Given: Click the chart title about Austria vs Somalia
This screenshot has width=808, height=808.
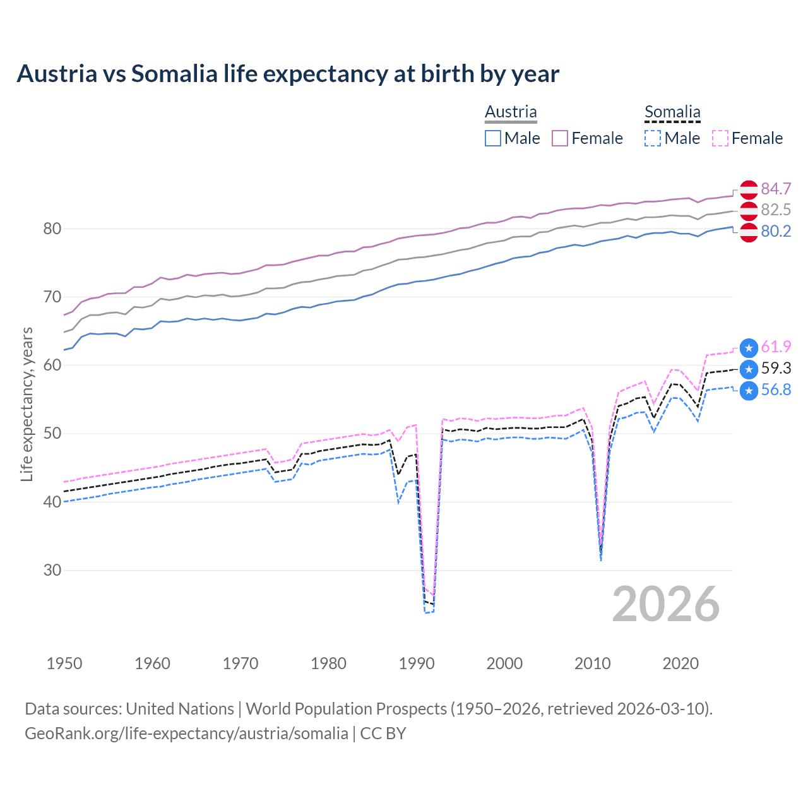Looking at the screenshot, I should pyautogui.click(x=288, y=74).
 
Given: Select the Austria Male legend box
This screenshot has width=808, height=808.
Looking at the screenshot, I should pyautogui.click(x=493, y=138).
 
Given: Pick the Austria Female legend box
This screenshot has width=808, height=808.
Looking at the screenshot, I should pyautogui.click(x=560, y=138).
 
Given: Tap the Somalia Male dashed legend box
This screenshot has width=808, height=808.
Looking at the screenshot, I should pyautogui.click(x=653, y=138).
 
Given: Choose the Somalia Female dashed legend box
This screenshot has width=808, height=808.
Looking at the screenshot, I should pyautogui.click(x=720, y=138).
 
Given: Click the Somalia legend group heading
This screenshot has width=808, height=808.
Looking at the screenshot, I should pyautogui.click(x=672, y=112).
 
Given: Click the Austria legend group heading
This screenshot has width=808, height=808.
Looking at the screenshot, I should pyautogui.click(x=511, y=112).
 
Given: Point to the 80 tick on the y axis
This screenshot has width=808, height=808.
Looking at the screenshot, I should pyautogui.click(x=52, y=229).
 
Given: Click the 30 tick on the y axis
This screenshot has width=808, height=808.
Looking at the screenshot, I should pyautogui.click(x=52, y=570).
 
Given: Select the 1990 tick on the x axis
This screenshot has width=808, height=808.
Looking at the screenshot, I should pyautogui.click(x=417, y=663).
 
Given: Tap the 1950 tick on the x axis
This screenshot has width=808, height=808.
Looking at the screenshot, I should pyautogui.click(x=64, y=663).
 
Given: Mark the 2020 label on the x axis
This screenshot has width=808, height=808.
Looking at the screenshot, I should pyautogui.click(x=680, y=663).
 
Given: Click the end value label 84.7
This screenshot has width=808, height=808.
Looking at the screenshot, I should pyautogui.click(x=776, y=189).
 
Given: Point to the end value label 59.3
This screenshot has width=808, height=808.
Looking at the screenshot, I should pyautogui.click(x=776, y=368).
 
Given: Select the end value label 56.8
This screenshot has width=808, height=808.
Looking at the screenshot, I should pyautogui.click(x=776, y=389).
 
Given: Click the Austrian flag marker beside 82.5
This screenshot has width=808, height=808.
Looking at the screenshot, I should pyautogui.click(x=749, y=211).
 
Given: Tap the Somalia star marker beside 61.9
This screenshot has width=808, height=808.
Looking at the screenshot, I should pyautogui.click(x=749, y=347).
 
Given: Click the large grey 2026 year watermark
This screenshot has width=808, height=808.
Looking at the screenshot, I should pyautogui.click(x=666, y=604).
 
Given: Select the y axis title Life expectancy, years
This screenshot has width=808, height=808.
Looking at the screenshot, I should pyautogui.click(x=27, y=404).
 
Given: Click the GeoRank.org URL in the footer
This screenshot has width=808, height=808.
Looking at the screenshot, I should pyautogui.click(x=186, y=734).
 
